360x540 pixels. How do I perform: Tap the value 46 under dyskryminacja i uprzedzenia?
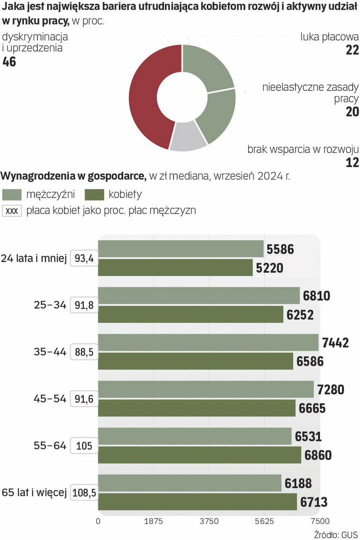pyautogui.click(x=9, y=62)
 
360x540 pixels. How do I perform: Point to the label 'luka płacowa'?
pyautogui.click(x=329, y=36)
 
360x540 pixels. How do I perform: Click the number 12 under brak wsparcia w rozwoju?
pyautogui.click(x=352, y=163)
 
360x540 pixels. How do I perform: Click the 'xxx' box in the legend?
pyautogui.click(x=11, y=211)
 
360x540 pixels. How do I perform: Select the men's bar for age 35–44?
pyautogui.click(x=208, y=342)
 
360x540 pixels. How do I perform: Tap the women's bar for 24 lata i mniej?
pyautogui.click(x=175, y=267)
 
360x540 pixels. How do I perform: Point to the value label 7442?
pyautogui.click(x=335, y=343)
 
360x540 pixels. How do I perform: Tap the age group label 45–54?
pyautogui.click(x=49, y=399)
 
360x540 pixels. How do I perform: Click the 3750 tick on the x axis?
pyautogui.click(x=209, y=521)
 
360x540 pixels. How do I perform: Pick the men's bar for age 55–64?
pyautogui.click(x=194, y=436)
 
